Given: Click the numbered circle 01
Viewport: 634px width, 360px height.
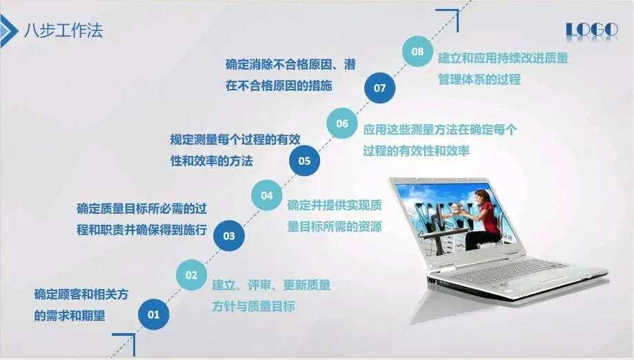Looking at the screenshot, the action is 153,314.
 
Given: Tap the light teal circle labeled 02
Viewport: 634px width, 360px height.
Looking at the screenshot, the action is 191,275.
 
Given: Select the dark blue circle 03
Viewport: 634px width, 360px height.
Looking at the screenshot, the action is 229,236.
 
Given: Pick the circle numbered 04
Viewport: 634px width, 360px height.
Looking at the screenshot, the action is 267,196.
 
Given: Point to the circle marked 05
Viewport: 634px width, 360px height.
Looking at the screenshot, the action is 304,161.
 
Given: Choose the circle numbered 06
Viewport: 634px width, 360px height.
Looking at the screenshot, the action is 342,123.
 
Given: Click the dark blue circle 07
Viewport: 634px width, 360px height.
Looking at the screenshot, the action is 379,88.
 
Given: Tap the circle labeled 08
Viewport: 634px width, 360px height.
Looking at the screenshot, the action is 417,52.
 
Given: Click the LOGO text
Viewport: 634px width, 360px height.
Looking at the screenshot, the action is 592,30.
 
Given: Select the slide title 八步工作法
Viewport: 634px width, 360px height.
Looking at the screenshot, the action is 63,30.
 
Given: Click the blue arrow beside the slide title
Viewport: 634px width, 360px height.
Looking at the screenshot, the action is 8,31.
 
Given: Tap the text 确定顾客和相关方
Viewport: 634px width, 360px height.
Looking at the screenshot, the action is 81,294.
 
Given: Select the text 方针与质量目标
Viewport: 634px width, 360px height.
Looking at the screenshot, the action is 253,306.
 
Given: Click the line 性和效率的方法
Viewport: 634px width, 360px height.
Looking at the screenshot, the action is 212,161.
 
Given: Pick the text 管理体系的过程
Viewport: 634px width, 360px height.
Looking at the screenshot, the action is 479,79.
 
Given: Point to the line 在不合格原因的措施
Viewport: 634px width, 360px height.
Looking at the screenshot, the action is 279,86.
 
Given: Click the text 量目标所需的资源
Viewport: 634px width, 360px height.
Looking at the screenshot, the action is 335,226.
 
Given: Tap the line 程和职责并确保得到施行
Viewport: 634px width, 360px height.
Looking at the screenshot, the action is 142,230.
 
